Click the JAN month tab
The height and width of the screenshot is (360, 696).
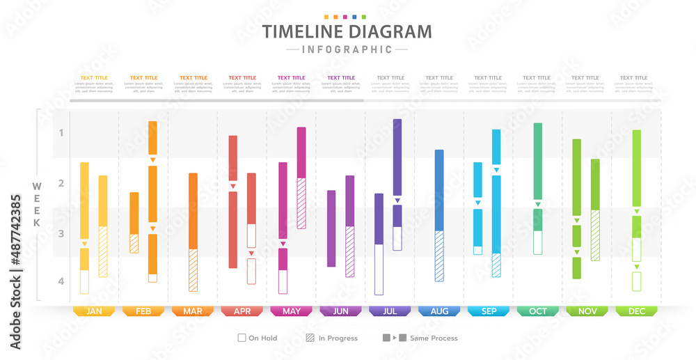[x=94, y=311]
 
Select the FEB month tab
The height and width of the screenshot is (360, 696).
[x=143, y=311]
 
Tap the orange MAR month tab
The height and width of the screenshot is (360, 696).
[x=193, y=311]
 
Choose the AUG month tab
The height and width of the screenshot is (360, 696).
[x=439, y=311]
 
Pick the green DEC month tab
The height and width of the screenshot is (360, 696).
[x=637, y=311]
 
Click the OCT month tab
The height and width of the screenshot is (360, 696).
[x=538, y=311]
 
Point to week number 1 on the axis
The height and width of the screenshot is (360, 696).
[x=61, y=132]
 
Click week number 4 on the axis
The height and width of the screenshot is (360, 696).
[x=61, y=281]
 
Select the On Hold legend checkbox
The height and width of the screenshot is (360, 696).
[x=242, y=338]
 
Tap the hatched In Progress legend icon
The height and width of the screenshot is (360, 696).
[x=310, y=338]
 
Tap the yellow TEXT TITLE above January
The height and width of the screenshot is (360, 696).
[x=94, y=78]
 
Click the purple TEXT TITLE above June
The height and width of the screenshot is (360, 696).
[x=340, y=78]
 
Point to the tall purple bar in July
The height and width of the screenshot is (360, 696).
[x=397, y=157]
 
